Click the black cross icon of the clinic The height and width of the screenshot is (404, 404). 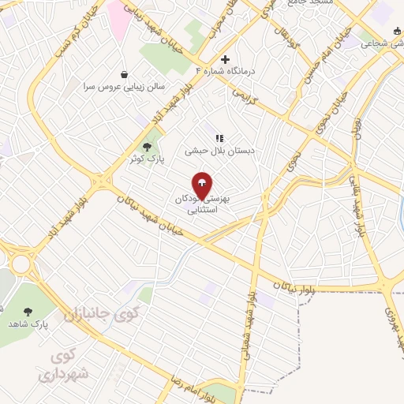point(226,59)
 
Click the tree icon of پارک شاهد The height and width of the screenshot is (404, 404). point(28,312)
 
